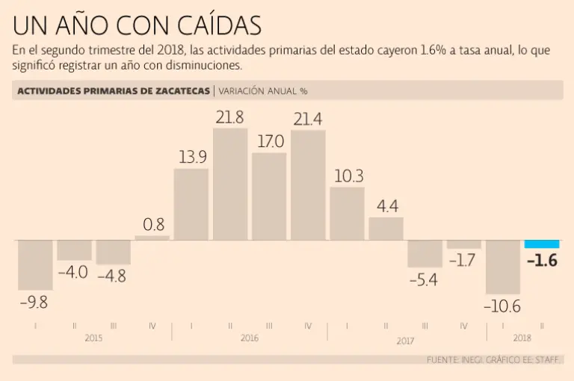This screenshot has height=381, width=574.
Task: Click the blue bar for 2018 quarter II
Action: tap(542, 244)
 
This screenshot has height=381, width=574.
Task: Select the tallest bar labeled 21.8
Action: tap(230, 184)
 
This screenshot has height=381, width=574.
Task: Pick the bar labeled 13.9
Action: tap(191, 204)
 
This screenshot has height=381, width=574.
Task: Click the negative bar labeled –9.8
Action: tap(35, 264)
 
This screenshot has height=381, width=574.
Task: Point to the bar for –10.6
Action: tap(503, 267)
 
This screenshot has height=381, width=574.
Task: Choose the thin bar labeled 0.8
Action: tap(152, 238)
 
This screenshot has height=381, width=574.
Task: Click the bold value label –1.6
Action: tap(542, 261)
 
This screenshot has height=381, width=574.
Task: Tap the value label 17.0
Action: tap(269, 141)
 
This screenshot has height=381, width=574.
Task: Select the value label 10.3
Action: tap(347, 176)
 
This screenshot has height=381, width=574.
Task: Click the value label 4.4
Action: tap(386, 206)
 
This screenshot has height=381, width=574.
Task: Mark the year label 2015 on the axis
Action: tap(93, 338)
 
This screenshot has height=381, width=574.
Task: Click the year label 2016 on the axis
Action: tap(250, 338)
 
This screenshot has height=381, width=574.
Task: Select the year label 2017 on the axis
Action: tap(405, 341)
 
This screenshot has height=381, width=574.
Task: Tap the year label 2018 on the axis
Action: tap(522, 338)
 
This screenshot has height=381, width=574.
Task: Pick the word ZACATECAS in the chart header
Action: tap(178, 91)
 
